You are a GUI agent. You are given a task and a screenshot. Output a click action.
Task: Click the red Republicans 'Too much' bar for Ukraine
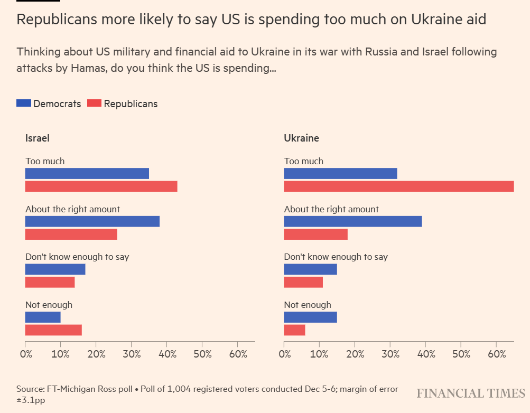click(x=398, y=186)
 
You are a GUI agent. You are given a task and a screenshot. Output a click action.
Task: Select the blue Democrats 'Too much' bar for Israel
click(x=87, y=173)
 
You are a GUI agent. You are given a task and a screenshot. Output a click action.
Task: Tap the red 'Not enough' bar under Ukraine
click(x=294, y=330)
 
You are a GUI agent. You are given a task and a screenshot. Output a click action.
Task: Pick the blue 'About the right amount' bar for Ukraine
click(x=352, y=221)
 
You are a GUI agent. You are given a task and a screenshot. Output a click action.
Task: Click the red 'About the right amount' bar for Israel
click(x=71, y=234)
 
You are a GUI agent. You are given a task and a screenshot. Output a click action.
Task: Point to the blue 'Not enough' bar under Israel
click(x=43, y=317)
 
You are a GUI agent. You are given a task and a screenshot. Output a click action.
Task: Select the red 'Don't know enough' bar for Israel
click(x=50, y=282)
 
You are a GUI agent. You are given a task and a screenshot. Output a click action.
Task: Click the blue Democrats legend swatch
click(x=24, y=104)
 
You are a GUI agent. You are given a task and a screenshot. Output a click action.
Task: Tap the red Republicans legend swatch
click(x=94, y=104)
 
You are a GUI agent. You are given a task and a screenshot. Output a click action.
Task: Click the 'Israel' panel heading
click(x=38, y=138)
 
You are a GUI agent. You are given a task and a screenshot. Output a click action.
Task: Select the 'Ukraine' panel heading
click(x=301, y=138)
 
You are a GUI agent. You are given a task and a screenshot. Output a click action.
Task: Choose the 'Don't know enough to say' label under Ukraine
click(x=336, y=257)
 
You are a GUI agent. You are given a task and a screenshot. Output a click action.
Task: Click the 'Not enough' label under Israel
click(x=49, y=305)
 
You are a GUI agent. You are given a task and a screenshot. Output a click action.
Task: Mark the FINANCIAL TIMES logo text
click(x=470, y=393)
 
